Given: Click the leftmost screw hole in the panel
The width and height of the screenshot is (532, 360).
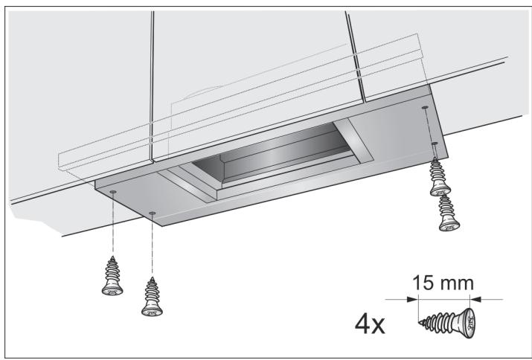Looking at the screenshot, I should [x=112, y=192].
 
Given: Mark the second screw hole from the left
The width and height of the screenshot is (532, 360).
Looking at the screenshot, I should [x=153, y=213].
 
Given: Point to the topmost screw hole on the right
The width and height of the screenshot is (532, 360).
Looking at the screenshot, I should [x=425, y=108].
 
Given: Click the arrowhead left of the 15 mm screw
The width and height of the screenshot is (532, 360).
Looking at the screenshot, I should [x=414, y=299].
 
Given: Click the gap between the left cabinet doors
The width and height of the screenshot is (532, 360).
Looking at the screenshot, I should [x=150, y=82].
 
